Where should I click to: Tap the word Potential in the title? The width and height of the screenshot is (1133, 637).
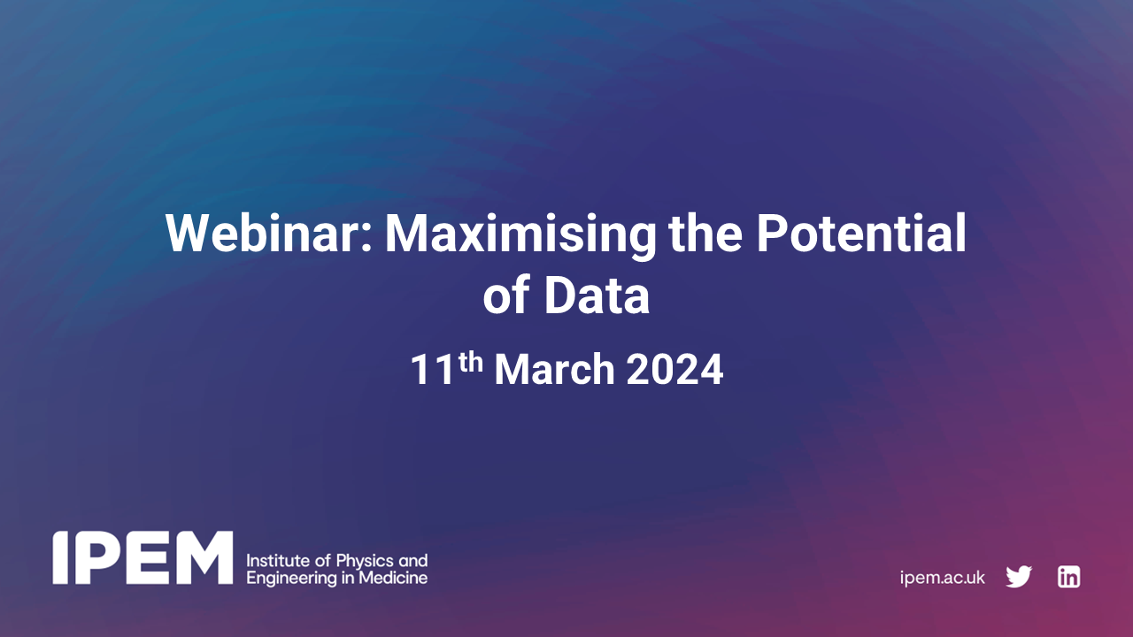(x=860, y=234)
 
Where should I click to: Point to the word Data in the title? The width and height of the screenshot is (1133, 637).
(x=597, y=296)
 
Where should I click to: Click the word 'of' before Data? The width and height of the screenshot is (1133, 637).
(x=506, y=296)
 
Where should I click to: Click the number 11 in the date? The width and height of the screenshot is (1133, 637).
(x=433, y=370)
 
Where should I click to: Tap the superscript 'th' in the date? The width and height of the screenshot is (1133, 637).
(x=471, y=361)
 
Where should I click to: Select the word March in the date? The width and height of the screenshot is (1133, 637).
(x=555, y=370)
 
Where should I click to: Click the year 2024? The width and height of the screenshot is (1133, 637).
(x=675, y=370)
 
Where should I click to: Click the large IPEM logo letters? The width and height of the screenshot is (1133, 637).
(x=143, y=558)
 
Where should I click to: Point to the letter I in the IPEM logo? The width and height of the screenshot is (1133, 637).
(x=59, y=558)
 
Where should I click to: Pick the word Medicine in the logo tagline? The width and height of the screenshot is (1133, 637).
(x=397, y=578)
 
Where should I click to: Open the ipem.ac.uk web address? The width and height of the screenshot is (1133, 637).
(x=942, y=578)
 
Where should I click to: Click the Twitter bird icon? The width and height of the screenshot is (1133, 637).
(x=1019, y=577)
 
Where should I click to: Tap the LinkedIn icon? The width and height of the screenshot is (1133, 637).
(x=1068, y=577)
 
